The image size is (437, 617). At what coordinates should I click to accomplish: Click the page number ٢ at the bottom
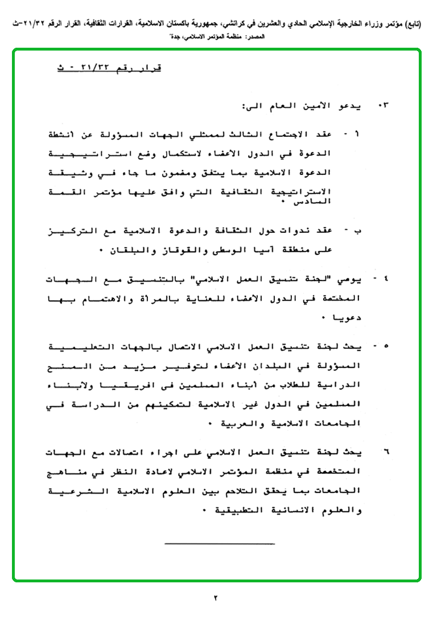(x=216, y=598)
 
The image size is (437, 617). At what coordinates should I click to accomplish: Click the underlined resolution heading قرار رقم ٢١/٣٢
(x=109, y=68)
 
